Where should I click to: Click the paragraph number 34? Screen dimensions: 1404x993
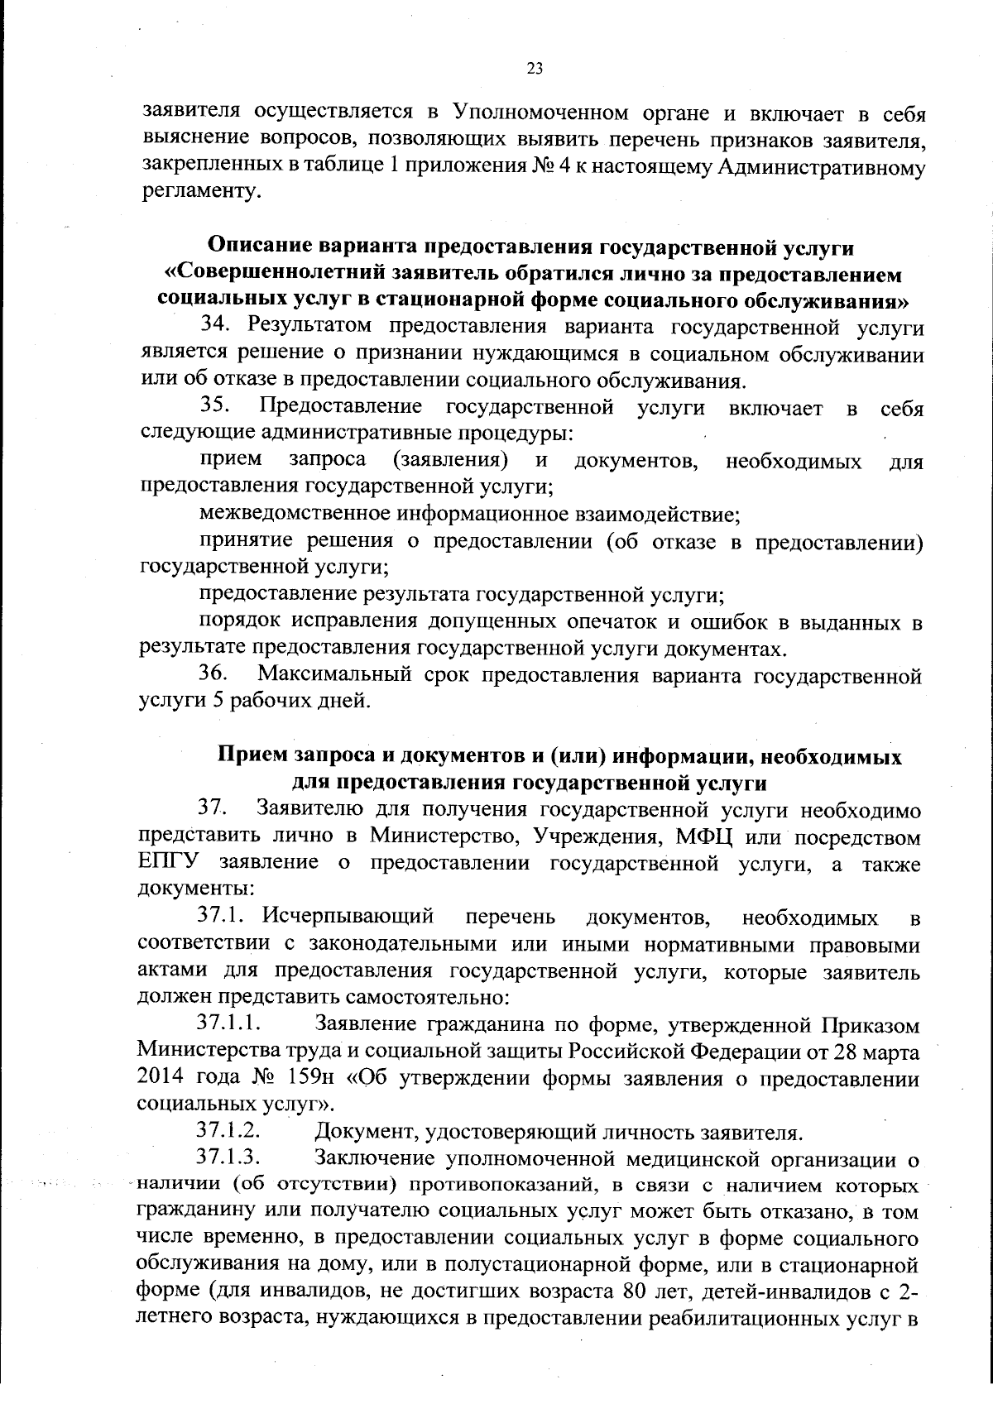coord(213,327)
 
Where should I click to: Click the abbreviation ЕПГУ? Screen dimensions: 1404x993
coord(168,863)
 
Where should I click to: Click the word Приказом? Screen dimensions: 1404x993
coord(870,1026)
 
